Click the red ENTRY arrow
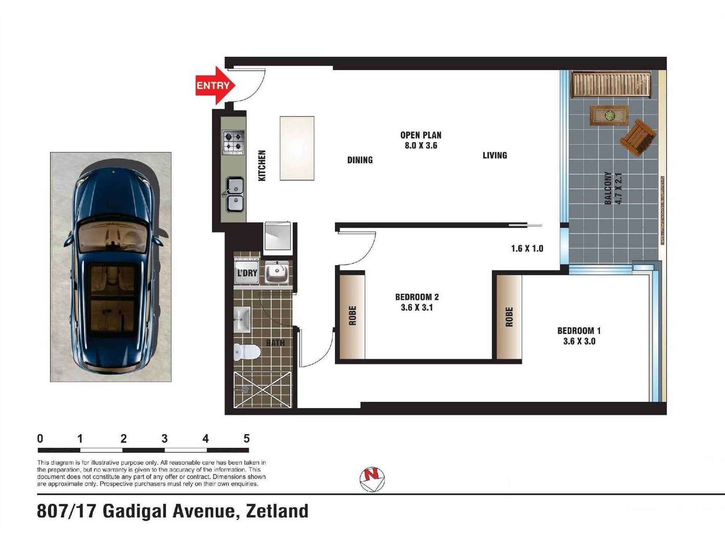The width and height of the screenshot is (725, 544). tap(215, 86)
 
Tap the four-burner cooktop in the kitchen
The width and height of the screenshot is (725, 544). tap(233, 142)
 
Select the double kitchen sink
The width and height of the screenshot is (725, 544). tap(235, 194)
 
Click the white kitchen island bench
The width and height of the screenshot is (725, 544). tap(297, 148)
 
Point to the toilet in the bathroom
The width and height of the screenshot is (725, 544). tap(247, 352)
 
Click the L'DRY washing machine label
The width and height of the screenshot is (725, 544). tap(247, 273)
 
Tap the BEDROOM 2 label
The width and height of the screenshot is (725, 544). tap(417, 297)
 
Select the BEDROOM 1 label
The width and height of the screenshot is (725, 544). tap(579, 331)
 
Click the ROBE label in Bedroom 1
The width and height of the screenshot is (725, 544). tap(509, 317)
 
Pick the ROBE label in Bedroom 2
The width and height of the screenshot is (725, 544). tap(352, 315)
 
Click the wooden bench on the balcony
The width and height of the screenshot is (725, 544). tap(611, 85)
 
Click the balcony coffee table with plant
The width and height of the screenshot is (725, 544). tap(609, 116)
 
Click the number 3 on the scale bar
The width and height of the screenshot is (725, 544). tap(165, 439)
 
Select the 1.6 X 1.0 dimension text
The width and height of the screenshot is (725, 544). tap(527, 248)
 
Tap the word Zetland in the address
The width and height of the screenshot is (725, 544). tap(277, 511)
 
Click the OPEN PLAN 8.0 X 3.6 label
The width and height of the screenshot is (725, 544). tap(421, 140)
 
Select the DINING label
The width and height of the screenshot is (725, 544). tap(360, 160)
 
